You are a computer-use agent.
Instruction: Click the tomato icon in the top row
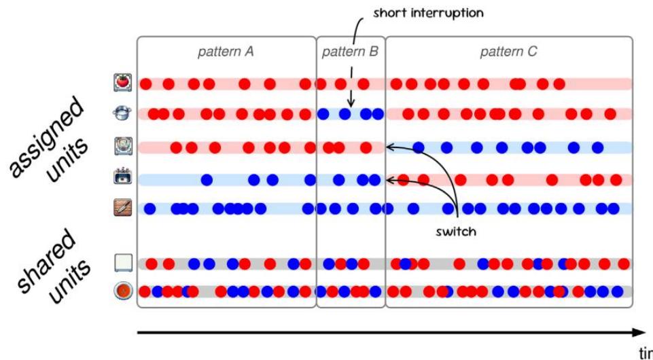coord(123,83)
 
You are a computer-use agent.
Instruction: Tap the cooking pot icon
coord(123,113)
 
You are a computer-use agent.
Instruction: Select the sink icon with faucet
coord(123,178)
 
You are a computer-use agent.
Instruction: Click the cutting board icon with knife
coord(123,208)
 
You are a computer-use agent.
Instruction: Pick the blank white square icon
coord(123,263)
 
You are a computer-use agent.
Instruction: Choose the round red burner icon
coord(123,291)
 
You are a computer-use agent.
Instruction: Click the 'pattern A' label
coord(226,52)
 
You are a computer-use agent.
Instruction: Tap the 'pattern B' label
coord(350,52)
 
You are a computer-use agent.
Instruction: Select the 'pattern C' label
coord(508,52)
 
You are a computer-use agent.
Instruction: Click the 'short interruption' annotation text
coord(427,14)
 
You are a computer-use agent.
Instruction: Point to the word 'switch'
coord(455,232)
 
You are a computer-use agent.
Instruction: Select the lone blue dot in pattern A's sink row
coord(207,180)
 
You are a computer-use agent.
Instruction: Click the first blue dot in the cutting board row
coord(149,209)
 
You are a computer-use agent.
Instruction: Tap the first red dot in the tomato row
coord(145,84)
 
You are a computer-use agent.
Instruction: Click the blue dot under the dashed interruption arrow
coord(345,114)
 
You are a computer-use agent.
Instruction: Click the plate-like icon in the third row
coord(123,145)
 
